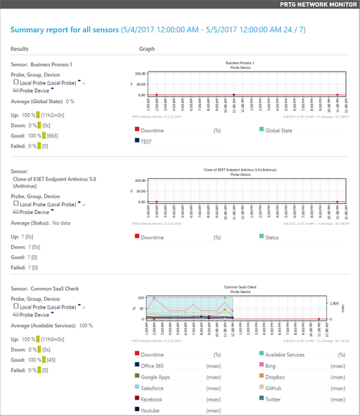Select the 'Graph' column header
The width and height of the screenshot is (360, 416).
click(147, 49)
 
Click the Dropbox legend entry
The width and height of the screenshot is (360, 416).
click(276, 376)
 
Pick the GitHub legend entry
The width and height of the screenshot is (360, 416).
click(275, 387)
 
